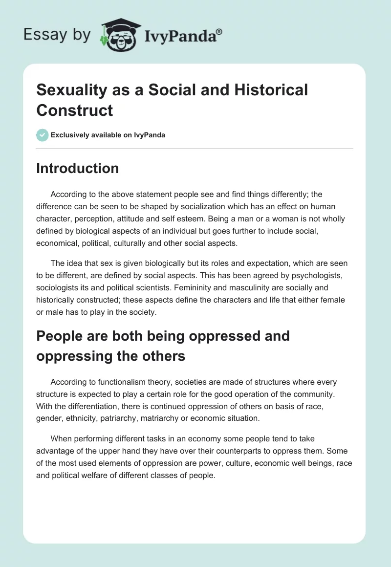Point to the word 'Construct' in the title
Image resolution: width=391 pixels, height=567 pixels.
(75, 110)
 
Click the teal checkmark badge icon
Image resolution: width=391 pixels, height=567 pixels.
(43, 135)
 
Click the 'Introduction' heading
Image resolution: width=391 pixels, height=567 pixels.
(78, 168)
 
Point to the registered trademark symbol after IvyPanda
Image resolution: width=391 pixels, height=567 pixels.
(219, 31)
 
